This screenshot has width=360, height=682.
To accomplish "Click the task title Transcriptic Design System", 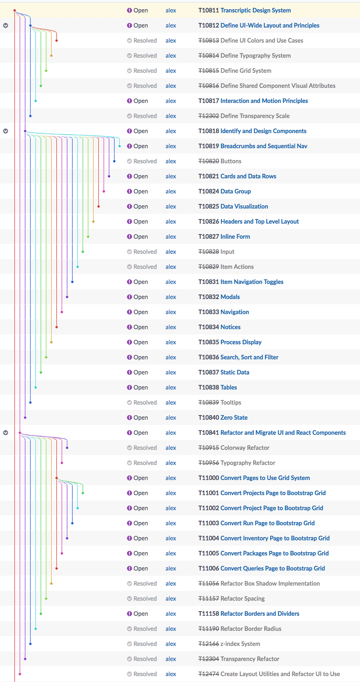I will [x=255, y=10].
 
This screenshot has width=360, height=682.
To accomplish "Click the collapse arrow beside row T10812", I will [x=6, y=26].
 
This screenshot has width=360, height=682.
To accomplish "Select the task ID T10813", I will [x=209, y=41].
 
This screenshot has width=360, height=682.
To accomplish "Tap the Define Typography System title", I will [x=255, y=56].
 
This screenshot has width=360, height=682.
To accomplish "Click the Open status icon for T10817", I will [x=130, y=101].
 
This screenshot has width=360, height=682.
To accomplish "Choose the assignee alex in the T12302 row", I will [x=170, y=116].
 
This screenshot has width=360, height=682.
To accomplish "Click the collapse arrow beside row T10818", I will [x=6, y=131].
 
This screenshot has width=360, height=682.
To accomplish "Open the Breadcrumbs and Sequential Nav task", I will [x=264, y=146].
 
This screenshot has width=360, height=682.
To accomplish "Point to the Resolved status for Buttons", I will [x=142, y=161].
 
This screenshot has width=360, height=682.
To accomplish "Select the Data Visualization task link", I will [x=244, y=207].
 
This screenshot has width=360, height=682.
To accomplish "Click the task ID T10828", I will [x=209, y=252].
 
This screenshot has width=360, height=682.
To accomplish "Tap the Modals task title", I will [x=230, y=297].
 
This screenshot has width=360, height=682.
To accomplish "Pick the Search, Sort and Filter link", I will [x=249, y=357].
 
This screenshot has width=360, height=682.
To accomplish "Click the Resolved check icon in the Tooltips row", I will [x=130, y=403].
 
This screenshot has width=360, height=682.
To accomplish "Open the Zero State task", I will [x=234, y=418].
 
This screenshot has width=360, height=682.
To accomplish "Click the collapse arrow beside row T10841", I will [x=6, y=433].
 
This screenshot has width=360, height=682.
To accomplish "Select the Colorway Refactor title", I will [x=245, y=448].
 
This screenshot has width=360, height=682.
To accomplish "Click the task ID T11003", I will [x=209, y=523].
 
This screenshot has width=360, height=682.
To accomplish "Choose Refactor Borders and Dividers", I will [x=260, y=614].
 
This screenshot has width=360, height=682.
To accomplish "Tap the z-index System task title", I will [x=240, y=644].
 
